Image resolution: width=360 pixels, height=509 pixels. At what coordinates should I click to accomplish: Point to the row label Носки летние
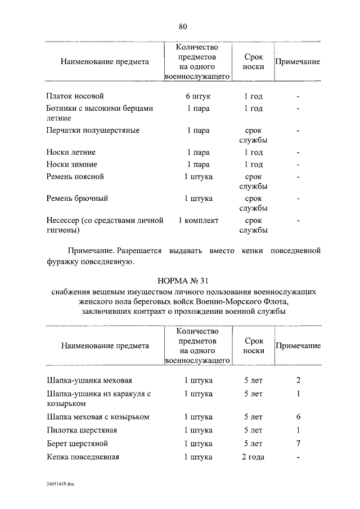71,152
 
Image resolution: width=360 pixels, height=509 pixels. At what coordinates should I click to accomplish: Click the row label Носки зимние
72,164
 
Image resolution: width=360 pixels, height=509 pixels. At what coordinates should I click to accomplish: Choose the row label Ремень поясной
75,177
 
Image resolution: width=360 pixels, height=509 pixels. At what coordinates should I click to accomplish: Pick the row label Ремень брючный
77,199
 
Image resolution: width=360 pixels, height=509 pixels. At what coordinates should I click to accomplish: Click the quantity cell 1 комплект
198,221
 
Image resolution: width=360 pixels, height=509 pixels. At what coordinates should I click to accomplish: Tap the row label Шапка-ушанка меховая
89,381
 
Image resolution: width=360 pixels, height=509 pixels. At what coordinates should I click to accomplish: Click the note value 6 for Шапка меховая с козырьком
299,417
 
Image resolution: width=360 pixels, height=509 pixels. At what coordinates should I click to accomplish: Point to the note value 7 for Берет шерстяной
299,443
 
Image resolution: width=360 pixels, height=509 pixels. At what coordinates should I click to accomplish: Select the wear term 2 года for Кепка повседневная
253,457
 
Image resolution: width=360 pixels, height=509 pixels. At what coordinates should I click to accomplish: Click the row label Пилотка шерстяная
82,430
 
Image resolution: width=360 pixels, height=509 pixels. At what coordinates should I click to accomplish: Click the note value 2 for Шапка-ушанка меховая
299,381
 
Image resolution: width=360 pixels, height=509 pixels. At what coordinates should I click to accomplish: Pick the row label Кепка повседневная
83,457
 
